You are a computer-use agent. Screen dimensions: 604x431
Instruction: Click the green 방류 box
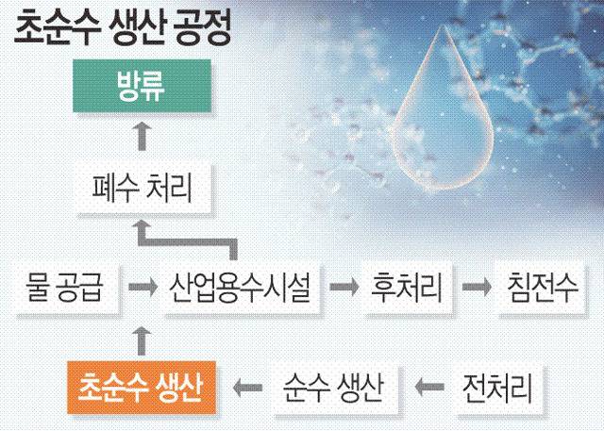click(x=142, y=86)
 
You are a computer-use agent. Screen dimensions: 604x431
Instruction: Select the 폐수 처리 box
click(x=143, y=189)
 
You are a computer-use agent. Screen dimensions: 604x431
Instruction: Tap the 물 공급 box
click(x=67, y=288)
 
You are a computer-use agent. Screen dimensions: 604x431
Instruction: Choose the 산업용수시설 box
click(x=241, y=288)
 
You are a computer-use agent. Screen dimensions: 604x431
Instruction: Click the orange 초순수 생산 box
click(x=142, y=387)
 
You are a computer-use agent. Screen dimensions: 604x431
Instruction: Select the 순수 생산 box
click(x=333, y=387)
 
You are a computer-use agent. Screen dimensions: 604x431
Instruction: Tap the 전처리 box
click(x=498, y=387)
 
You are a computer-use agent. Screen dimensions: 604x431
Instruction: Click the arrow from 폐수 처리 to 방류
click(x=143, y=136)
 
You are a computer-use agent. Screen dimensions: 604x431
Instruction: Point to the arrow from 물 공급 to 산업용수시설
click(x=143, y=287)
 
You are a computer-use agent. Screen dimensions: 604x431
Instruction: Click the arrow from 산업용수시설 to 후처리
click(x=344, y=287)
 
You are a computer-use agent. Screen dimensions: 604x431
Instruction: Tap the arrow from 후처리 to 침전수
click(x=477, y=287)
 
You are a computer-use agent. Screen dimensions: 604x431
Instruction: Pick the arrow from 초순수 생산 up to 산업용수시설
click(x=142, y=341)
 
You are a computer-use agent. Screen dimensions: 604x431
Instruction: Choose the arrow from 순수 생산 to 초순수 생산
click(x=247, y=387)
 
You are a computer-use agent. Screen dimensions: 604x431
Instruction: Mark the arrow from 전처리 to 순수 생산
click(x=429, y=387)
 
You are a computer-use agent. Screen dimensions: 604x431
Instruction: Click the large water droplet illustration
click(x=442, y=115)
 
